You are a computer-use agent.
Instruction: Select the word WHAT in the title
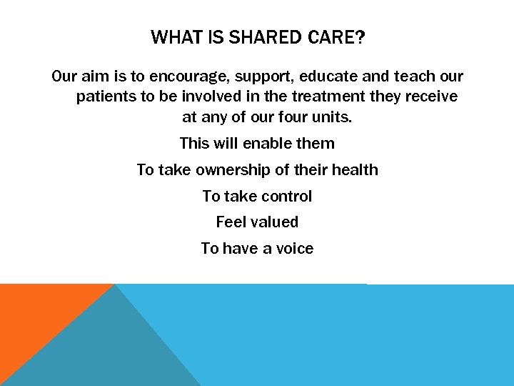pyautogui.click(x=175, y=37)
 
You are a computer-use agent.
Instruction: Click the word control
pyautogui.click(x=286, y=197)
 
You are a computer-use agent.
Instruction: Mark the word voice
pyautogui.click(x=292, y=249)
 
